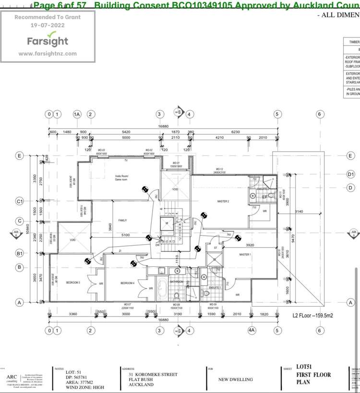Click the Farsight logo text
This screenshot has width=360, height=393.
48,41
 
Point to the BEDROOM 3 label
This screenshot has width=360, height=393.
73,283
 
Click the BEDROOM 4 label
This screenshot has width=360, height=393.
127,283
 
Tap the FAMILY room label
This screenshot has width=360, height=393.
122,220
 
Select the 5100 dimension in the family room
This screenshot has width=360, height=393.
125,235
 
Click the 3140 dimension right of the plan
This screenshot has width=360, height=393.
299,211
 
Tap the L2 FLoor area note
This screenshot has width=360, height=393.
315,316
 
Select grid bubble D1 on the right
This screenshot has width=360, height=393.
351,174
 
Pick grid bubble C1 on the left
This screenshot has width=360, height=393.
20,202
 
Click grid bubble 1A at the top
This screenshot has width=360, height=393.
77,114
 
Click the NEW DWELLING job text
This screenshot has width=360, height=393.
235,379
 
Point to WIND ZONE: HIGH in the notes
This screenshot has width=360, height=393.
84,387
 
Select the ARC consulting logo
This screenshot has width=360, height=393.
12,377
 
